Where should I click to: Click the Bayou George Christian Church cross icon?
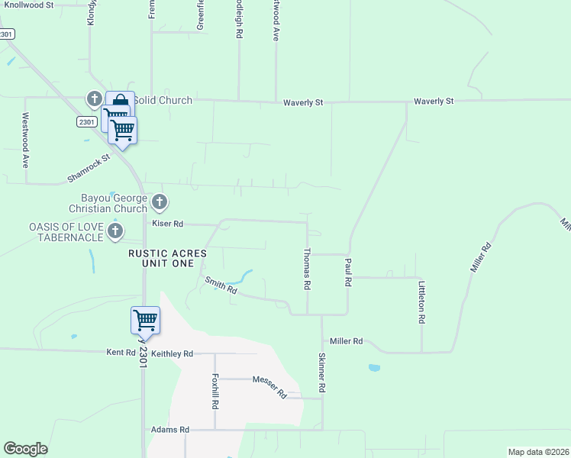click(x=160, y=202)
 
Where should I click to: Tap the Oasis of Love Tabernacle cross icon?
click(x=115, y=230)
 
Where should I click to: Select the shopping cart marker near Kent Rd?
click(x=145, y=320)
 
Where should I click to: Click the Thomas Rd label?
click(x=307, y=268)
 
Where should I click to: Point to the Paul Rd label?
click(x=347, y=272)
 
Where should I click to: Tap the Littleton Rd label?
click(x=421, y=302)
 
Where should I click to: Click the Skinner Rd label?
click(x=322, y=373)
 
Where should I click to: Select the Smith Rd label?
click(x=221, y=285)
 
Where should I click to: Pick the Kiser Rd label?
click(x=168, y=224)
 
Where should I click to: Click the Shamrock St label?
click(x=89, y=167)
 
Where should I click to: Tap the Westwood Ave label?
click(x=25, y=140)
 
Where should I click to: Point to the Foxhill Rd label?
click(x=215, y=389)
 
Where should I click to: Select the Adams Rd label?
click(x=170, y=430)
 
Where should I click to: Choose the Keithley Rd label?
click(x=173, y=353)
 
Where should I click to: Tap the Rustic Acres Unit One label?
click(x=167, y=257)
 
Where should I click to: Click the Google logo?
click(x=25, y=449)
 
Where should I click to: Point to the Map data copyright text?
click(x=538, y=452)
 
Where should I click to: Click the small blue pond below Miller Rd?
click(x=374, y=368)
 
